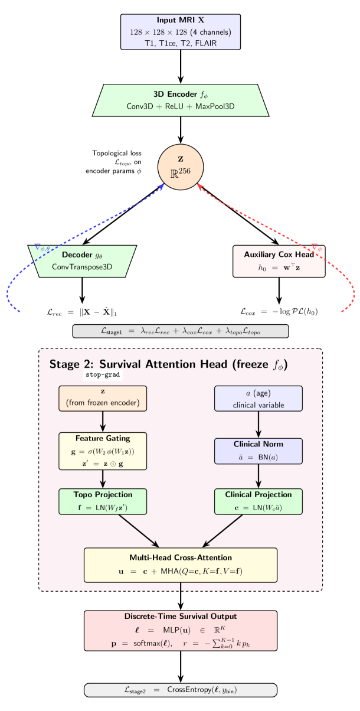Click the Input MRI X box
pyautogui.click(x=180, y=32)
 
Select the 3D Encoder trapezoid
pyautogui.click(x=180, y=100)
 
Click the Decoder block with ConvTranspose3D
pyautogui.click(x=82, y=261)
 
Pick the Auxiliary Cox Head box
pyautogui.click(x=279, y=261)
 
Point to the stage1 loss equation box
pyautogui.click(x=180, y=331)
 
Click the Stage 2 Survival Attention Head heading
pyautogui.click(x=168, y=364)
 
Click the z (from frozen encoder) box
pyautogui.click(x=103, y=398)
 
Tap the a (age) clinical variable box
pyautogui.click(x=258, y=398)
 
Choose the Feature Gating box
pyautogui.click(x=103, y=451)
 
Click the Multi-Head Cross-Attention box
pyautogui.click(x=180, y=565)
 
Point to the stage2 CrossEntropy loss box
pyautogui.click(x=180, y=690)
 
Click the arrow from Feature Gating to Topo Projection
pyautogui.click(x=103, y=479)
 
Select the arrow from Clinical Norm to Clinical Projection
pyautogui.click(x=258, y=479)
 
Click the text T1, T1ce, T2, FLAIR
pyautogui.click(x=180, y=43)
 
